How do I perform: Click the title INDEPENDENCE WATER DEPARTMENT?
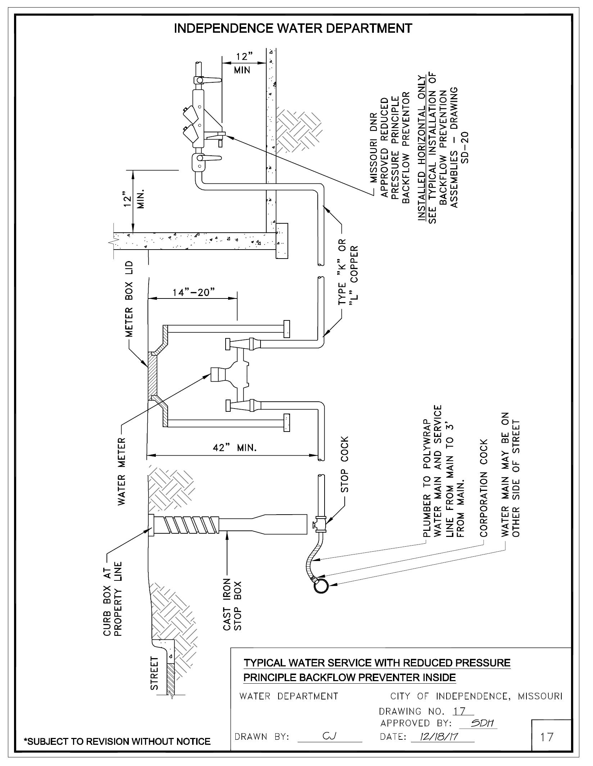[293, 28]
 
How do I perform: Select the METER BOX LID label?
[129, 299]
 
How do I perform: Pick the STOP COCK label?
[344, 465]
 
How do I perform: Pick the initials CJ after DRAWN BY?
[329, 737]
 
